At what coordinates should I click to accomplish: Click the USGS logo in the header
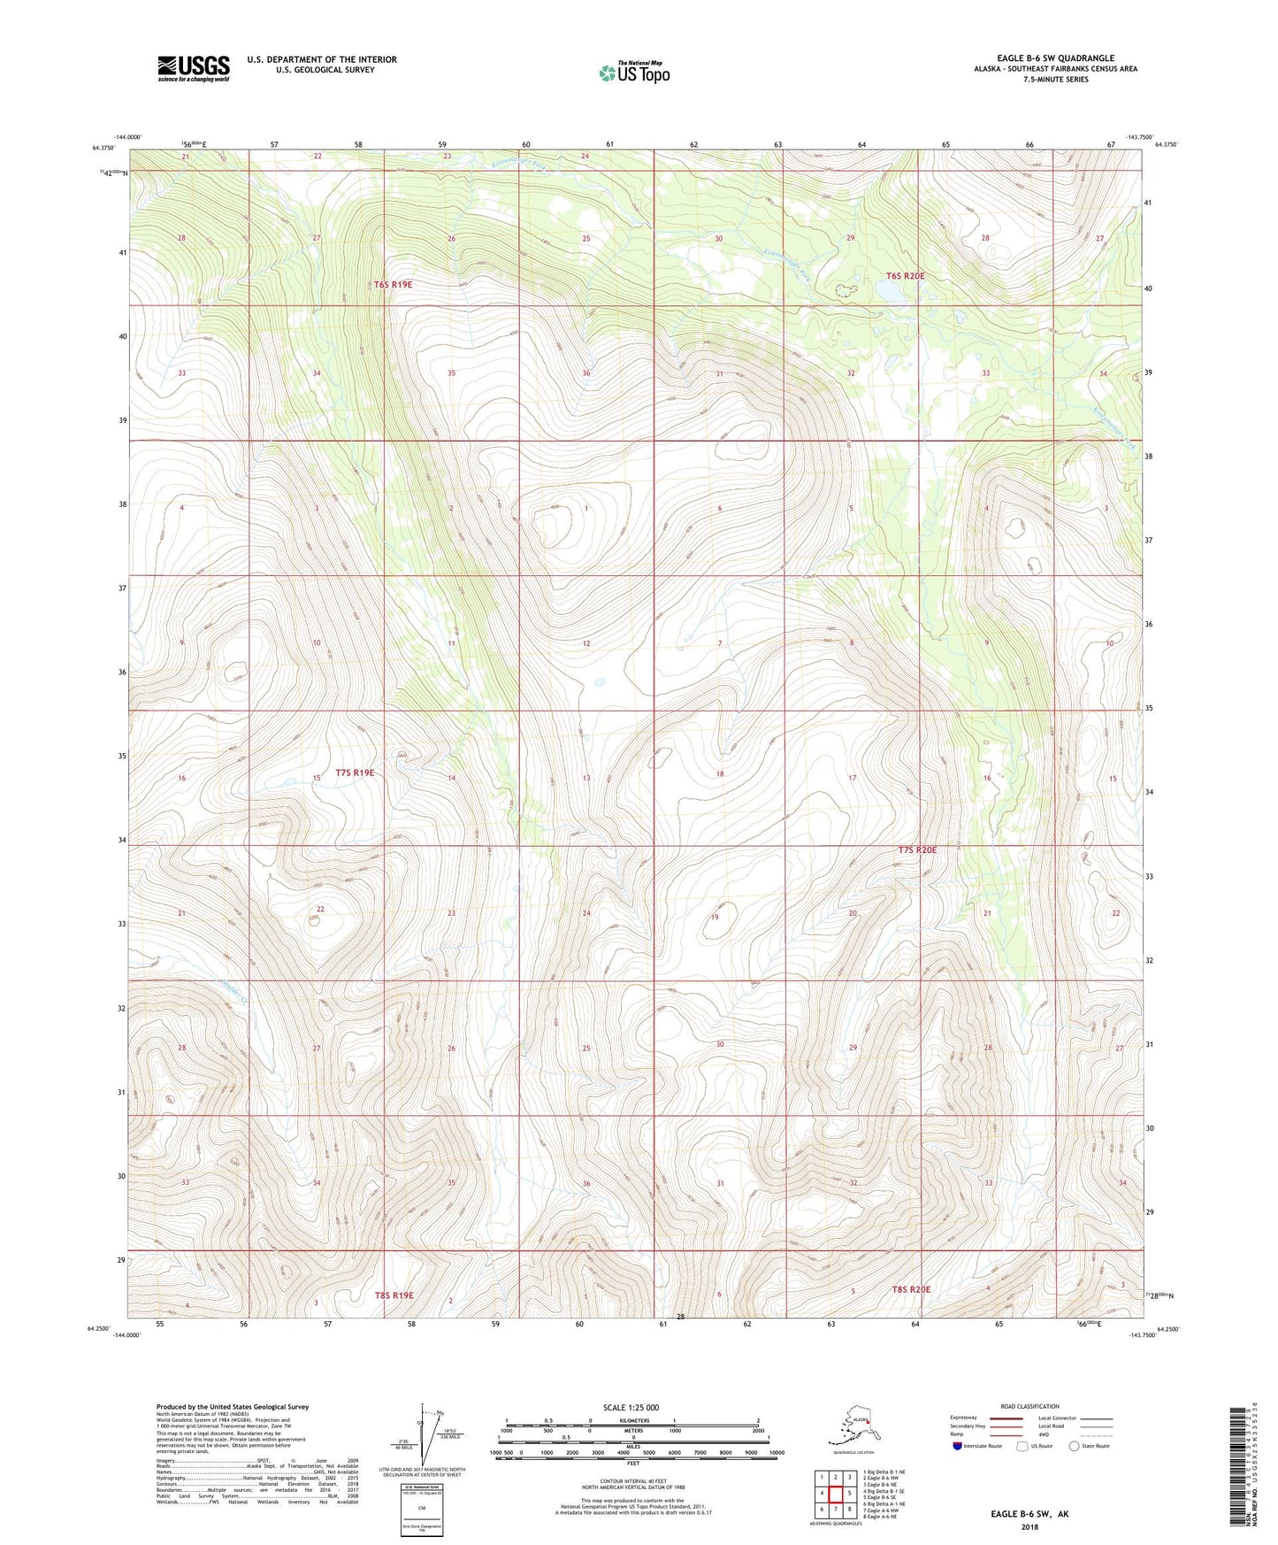click(193, 68)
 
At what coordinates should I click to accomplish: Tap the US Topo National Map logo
click(633, 72)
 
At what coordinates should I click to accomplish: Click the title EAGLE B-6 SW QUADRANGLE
click(1054, 58)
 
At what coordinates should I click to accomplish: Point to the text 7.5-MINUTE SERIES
click(1055, 80)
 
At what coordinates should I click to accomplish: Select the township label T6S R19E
click(393, 285)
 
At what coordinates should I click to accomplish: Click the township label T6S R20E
click(905, 276)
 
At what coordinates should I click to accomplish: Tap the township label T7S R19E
click(355, 772)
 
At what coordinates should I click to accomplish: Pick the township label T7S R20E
click(917, 849)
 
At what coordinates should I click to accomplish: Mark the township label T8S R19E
click(394, 1295)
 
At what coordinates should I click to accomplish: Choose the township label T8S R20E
click(911, 1289)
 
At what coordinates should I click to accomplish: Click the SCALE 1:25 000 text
click(631, 1407)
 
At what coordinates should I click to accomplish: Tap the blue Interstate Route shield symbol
click(958, 1446)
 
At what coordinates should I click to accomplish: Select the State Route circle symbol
click(1074, 1446)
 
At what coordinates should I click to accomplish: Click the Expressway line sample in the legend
click(1006, 1418)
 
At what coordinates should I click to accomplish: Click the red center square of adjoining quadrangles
click(835, 1494)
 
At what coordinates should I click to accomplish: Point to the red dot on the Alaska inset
click(869, 1424)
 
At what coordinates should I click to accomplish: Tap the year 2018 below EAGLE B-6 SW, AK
click(1029, 1526)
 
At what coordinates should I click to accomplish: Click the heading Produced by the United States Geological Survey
click(233, 1406)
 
